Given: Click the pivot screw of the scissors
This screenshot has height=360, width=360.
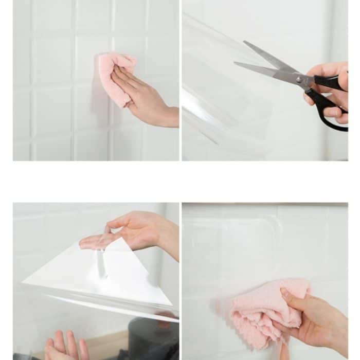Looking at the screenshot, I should tap(299, 80).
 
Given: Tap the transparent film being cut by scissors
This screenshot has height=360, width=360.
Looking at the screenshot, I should tap(226, 103).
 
